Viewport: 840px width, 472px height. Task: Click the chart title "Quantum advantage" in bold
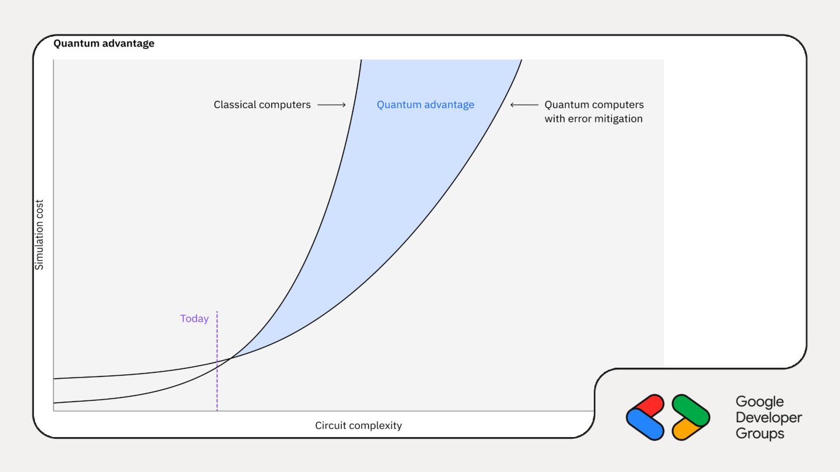point(104,44)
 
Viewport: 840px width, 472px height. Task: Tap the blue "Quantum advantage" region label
point(425,105)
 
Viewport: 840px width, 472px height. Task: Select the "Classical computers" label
point(262,105)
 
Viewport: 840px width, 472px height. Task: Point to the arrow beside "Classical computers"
point(331,105)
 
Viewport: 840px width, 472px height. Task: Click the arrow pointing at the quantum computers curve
point(524,105)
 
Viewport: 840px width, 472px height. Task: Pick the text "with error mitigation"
point(593,119)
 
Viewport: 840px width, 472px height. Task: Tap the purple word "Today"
point(194,319)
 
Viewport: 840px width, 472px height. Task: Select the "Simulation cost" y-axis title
point(40,235)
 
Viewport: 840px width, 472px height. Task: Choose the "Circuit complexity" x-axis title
point(358,425)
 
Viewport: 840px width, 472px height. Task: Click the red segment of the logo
point(649,406)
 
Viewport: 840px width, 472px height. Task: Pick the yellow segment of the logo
point(687,429)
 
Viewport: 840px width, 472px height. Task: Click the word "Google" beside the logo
point(759,402)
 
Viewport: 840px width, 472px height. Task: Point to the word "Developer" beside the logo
point(769,418)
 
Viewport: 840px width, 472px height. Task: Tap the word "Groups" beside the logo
point(760,434)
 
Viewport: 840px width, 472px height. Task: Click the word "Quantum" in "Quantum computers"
point(565,105)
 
